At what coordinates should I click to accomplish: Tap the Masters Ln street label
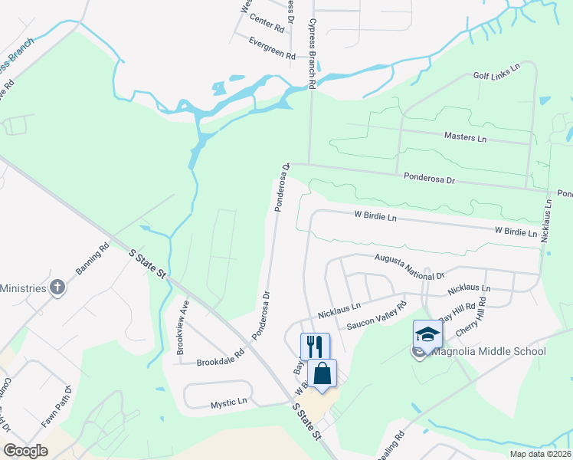[x=465, y=137]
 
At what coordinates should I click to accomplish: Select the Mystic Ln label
[x=229, y=401]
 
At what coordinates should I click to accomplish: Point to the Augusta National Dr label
[x=409, y=267]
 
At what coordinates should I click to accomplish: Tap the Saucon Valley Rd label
[x=375, y=320]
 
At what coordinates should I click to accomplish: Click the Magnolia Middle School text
[x=489, y=352]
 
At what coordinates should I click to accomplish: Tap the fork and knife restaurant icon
[x=315, y=347]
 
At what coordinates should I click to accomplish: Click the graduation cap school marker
[x=427, y=334]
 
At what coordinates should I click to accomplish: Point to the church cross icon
[x=56, y=287]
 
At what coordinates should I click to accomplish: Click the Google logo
[x=25, y=451]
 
